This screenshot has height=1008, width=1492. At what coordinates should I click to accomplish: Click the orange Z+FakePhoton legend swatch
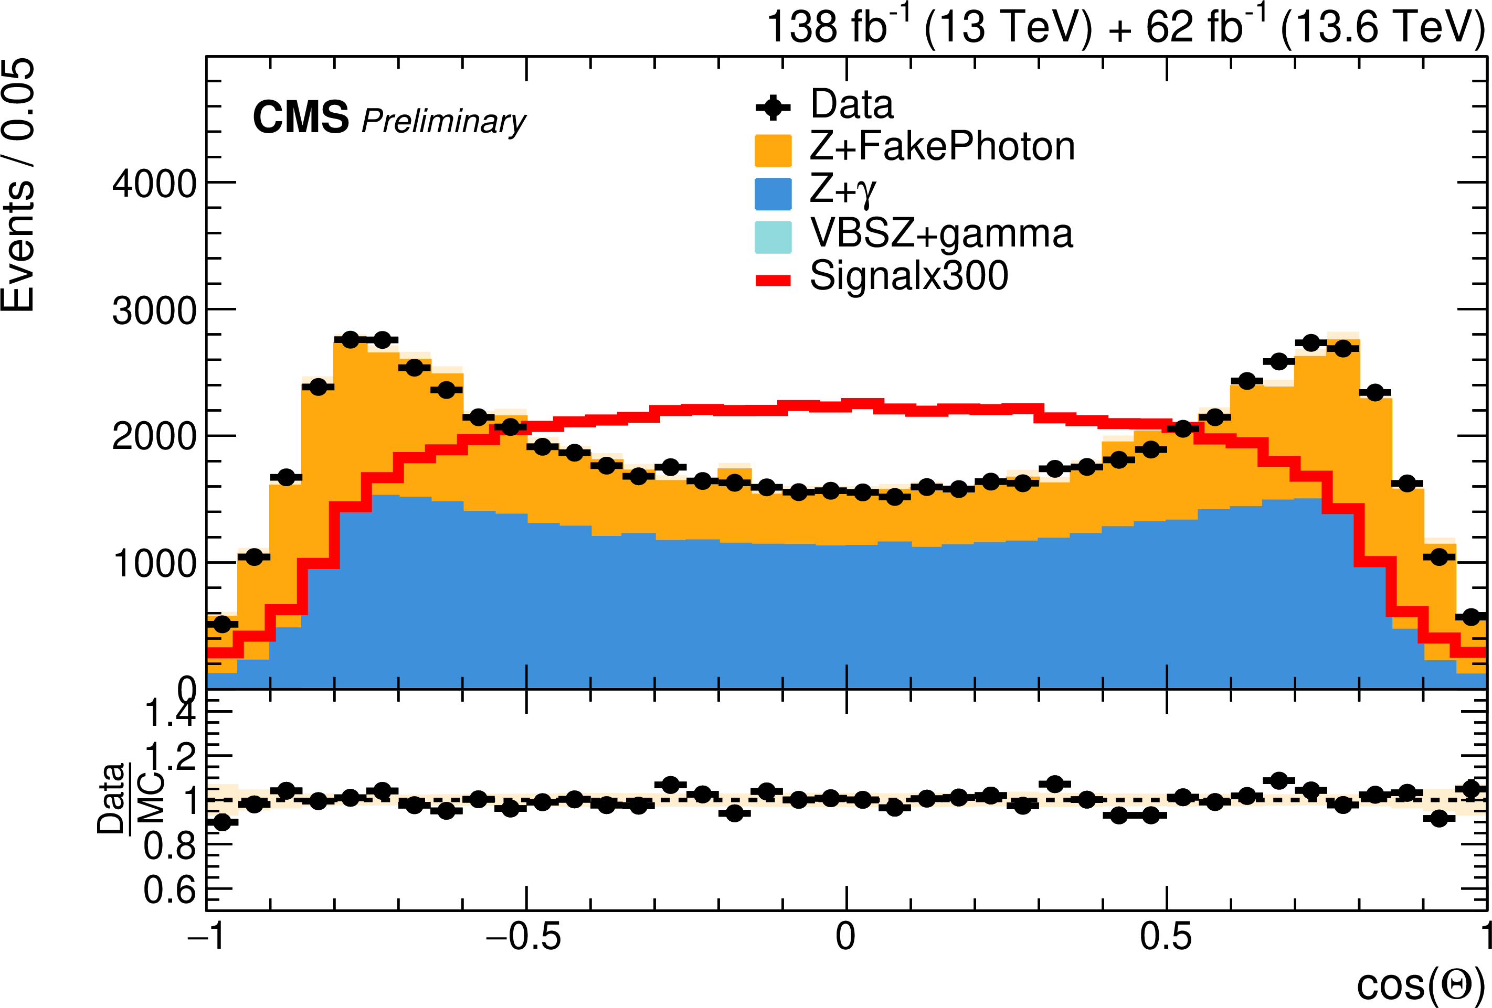click(x=773, y=150)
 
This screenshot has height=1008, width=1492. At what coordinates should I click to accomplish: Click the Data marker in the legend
click(x=773, y=107)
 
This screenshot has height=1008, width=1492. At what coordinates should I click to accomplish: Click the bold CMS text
click(x=301, y=117)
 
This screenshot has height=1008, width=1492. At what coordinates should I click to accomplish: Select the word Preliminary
click(x=443, y=122)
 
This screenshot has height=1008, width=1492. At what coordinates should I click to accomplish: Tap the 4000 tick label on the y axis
click(x=155, y=184)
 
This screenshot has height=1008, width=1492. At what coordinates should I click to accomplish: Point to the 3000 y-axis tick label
click(x=155, y=310)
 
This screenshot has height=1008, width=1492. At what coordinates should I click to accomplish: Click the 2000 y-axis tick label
click(x=155, y=437)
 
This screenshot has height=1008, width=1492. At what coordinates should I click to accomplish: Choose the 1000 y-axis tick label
click(x=155, y=564)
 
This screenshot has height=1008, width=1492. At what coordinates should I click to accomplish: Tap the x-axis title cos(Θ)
click(x=1420, y=984)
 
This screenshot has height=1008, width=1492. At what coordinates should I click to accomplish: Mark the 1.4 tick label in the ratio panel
click(x=170, y=713)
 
